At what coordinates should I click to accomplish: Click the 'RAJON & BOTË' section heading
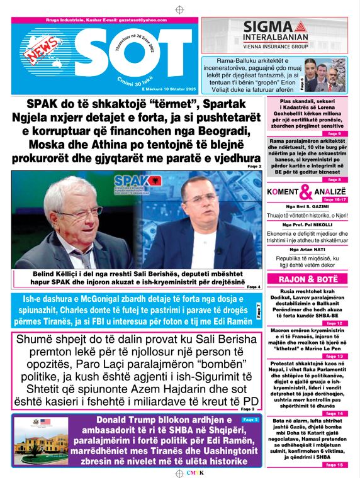pos(307,279)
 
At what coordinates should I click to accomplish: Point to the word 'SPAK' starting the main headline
pos(47,104)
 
